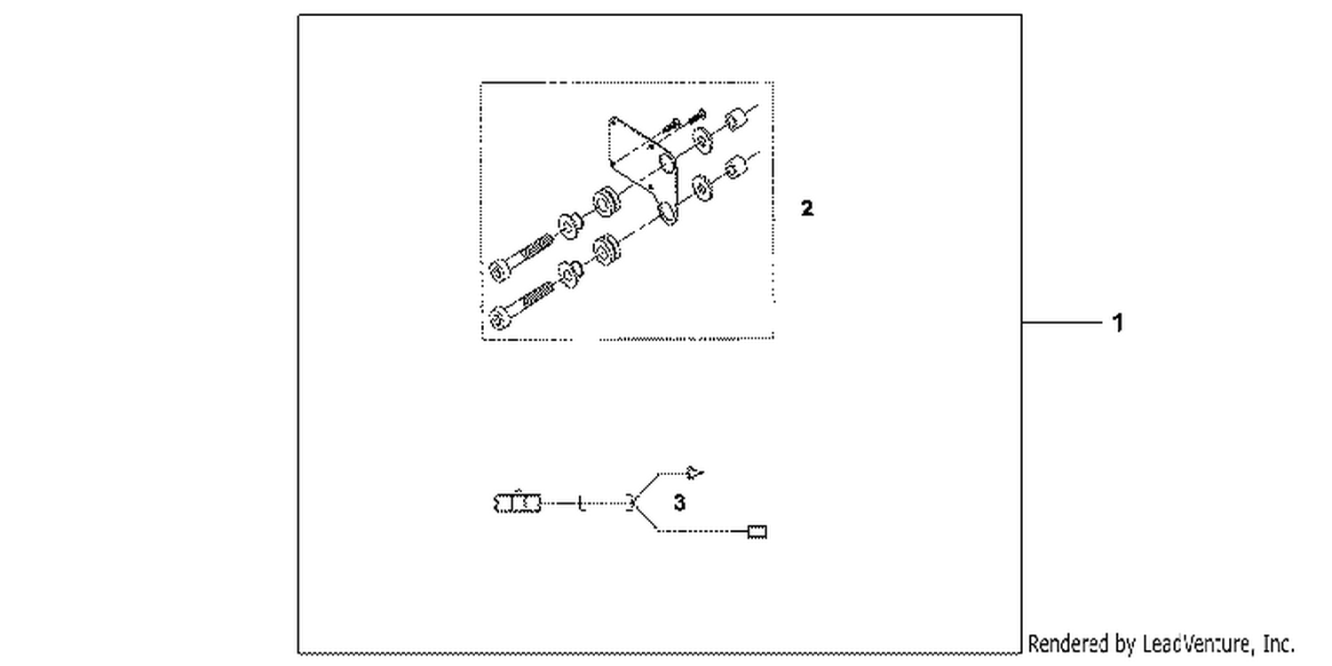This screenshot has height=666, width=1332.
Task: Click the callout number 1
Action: pos(1117,323)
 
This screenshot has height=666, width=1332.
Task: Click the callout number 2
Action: pos(807,208)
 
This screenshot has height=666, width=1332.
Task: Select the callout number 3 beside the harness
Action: pos(679,503)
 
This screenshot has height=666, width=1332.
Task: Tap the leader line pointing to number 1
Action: pos(1062,322)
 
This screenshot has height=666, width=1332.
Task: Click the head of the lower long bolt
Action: pos(500,317)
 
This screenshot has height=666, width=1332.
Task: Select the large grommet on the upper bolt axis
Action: pos(607,201)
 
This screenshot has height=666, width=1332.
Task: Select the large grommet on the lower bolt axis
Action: pos(607,249)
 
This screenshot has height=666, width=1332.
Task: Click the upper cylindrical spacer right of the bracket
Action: pos(736,120)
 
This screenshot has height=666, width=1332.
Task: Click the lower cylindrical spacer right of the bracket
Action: pos(736,167)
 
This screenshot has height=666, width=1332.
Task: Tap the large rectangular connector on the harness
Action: pos(518,503)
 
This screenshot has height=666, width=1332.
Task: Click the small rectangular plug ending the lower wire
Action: pos(757,532)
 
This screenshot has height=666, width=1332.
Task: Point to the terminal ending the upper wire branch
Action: pos(694,472)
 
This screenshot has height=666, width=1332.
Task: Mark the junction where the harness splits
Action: pos(634,503)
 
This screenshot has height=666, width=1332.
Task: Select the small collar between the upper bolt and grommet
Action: pos(570,226)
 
